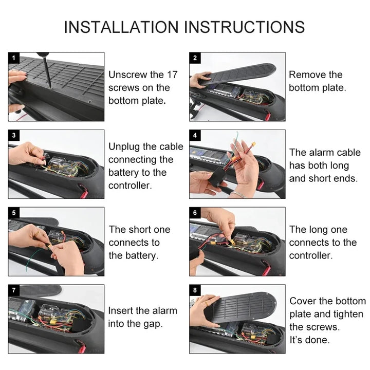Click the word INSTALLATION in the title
pos(121,27)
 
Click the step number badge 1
pos(14,58)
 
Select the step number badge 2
pos(195,58)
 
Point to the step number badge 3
pos(14,136)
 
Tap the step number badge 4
pos(195,136)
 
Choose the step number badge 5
pos(14,213)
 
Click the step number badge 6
pos(195,213)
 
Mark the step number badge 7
pos(14,290)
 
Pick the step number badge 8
pos(195,290)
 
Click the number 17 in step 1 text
pos(172,75)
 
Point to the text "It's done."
pos(309,340)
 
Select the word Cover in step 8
pos(303,301)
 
